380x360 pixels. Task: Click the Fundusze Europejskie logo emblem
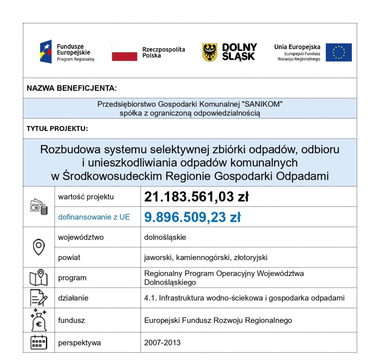(46, 51)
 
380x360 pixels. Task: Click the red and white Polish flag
(124, 52)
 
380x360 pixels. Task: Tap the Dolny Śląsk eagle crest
(210, 52)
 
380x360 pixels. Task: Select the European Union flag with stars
(338, 52)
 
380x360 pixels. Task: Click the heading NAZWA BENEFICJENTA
(72, 88)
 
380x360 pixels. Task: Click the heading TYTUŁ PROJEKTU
(57, 129)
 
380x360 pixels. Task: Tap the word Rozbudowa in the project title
(70, 150)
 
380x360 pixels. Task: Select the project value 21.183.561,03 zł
(196, 197)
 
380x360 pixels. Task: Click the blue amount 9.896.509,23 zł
(192, 217)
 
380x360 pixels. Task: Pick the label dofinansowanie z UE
(94, 217)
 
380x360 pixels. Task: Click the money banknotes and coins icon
(39, 207)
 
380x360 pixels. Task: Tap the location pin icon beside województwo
(39, 247)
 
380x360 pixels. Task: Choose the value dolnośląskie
(165, 237)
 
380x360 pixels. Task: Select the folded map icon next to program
(39, 278)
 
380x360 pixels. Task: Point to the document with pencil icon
(39, 298)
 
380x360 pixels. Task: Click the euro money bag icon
(39, 319)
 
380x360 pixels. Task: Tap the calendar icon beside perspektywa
(39, 342)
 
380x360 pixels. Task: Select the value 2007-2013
(162, 342)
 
